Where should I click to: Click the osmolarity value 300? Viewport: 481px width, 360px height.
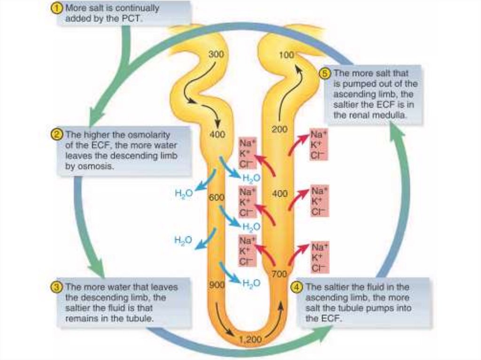point(216,54)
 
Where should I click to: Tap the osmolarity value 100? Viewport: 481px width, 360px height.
point(286,55)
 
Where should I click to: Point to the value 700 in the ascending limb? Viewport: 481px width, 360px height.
point(279,274)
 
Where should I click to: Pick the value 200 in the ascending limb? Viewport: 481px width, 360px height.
point(279,130)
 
